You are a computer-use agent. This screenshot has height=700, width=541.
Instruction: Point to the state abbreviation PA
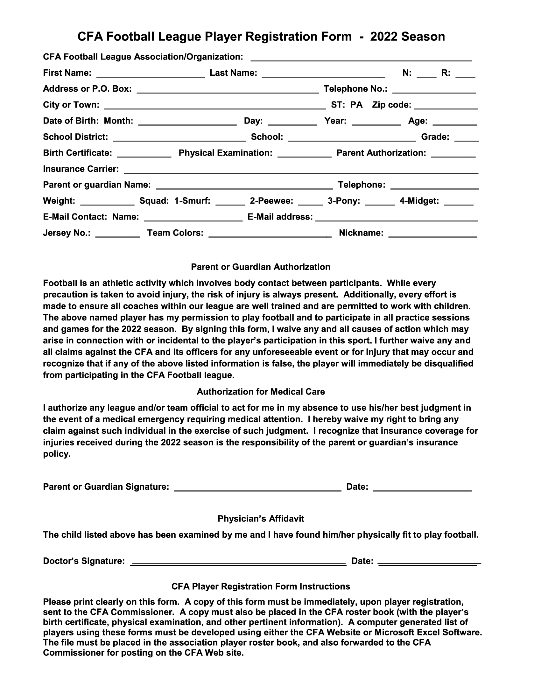click(x=356, y=105)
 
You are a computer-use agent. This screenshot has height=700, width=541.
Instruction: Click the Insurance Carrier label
click(x=81, y=169)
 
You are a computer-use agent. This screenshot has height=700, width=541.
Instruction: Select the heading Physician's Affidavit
click(x=261, y=519)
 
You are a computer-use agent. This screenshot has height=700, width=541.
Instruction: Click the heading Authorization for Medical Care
click(x=261, y=392)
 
